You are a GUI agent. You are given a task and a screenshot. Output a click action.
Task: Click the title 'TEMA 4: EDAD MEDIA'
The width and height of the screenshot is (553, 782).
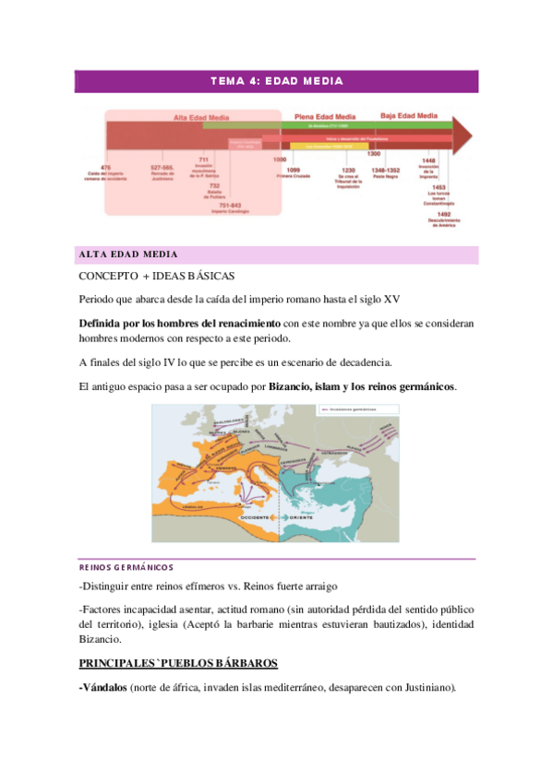276,81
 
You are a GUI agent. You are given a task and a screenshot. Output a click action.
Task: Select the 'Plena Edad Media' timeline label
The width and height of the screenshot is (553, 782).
325,116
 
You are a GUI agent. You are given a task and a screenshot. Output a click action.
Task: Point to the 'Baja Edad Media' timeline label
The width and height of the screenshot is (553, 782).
409,116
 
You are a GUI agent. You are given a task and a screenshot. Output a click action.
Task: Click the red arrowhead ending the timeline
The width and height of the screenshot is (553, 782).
463,136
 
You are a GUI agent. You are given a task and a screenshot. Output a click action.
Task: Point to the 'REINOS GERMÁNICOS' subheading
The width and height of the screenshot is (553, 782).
126,567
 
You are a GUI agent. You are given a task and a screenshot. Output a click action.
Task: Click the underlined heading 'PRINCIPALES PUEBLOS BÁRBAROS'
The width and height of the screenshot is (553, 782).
178,663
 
